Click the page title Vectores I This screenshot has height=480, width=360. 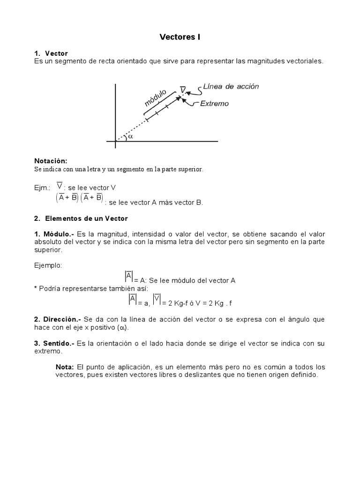click(x=180, y=37)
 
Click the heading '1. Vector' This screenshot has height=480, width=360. click(x=51, y=54)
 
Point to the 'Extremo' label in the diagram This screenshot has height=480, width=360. click(x=214, y=104)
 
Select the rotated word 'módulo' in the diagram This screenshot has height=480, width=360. click(x=155, y=97)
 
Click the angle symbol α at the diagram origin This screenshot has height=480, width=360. click(x=130, y=136)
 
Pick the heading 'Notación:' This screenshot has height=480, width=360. click(x=51, y=161)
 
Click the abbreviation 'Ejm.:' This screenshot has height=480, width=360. click(x=42, y=187)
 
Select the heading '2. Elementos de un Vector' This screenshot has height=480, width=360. click(x=81, y=218)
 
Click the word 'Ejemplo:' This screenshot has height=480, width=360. click(x=48, y=265)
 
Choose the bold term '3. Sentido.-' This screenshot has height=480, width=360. click(x=53, y=344)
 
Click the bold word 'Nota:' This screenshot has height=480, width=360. click(x=65, y=367)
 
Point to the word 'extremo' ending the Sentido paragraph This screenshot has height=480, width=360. click(x=48, y=351)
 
